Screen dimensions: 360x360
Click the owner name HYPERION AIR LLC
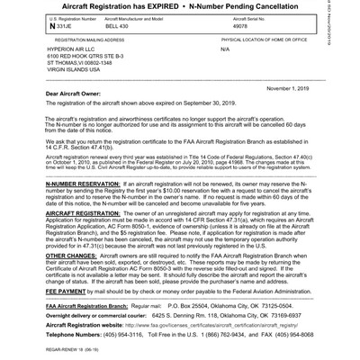(72, 51)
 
